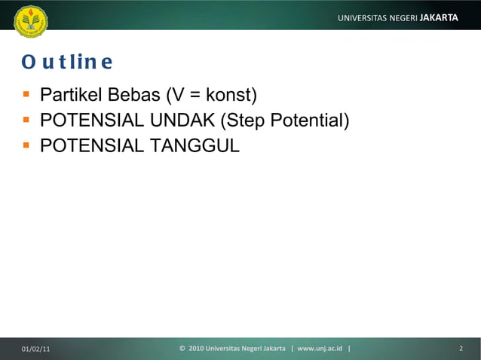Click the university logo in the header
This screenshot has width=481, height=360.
coord(30,20)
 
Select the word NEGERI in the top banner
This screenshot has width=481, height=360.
coord(406,17)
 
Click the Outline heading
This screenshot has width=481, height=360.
coord(67,61)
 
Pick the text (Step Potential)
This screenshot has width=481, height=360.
coord(283,121)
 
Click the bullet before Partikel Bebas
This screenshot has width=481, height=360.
coord(26,96)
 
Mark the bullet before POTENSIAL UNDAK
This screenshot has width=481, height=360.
coord(26,121)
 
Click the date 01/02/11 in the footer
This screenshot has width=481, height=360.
coord(36,349)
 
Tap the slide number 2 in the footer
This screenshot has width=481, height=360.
coord(461,349)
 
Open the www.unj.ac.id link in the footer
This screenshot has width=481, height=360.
coord(320,349)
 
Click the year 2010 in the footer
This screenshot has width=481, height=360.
coord(195,349)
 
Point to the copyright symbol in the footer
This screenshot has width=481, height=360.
coord(183,349)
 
